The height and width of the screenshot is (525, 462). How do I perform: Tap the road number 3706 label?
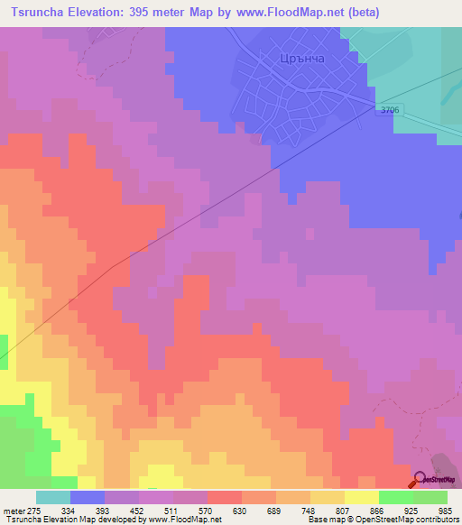(x=389, y=110)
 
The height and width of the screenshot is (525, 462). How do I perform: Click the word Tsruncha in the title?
(x=37, y=12)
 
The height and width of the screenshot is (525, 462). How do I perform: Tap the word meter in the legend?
(x=13, y=511)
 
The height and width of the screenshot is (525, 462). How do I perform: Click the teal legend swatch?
(x=53, y=497)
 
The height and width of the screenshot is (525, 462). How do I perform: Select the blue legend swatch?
(x=88, y=497)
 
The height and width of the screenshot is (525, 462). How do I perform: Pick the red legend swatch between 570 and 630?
(x=225, y=497)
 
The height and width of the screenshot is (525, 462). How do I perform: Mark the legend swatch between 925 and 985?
(x=430, y=497)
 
